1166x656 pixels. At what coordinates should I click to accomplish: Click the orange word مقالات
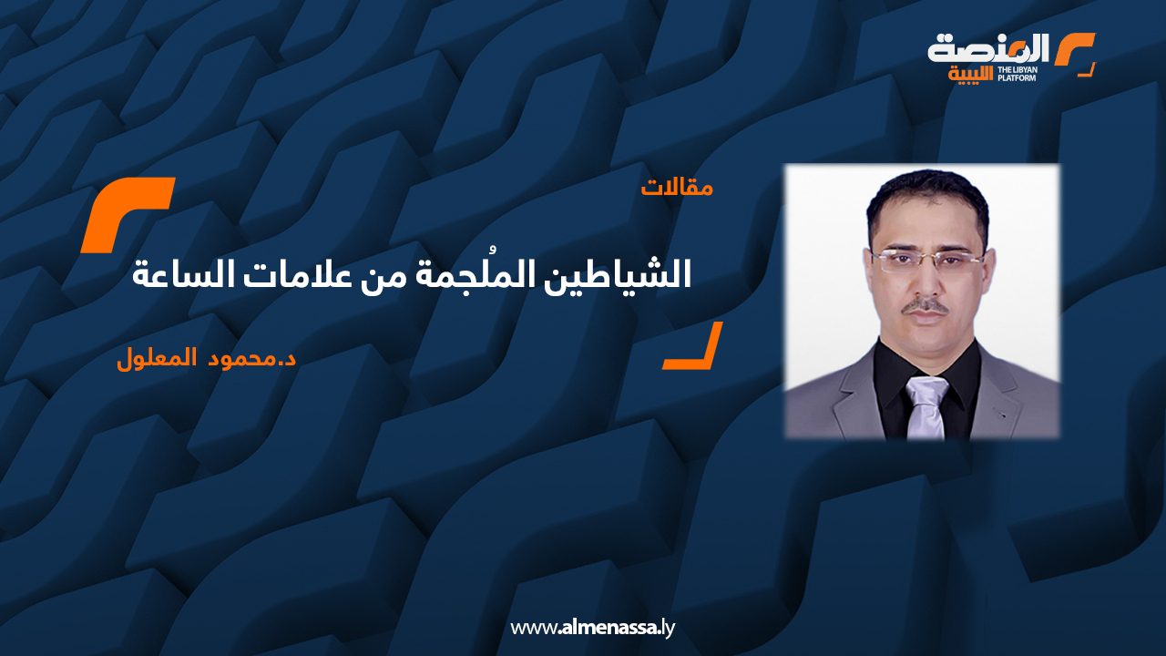coord(677,189)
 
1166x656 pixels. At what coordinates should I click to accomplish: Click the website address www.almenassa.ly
coord(592,627)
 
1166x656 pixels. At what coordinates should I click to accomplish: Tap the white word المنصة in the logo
coord(988,48)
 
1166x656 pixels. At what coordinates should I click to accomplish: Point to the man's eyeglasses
coord(926,260)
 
